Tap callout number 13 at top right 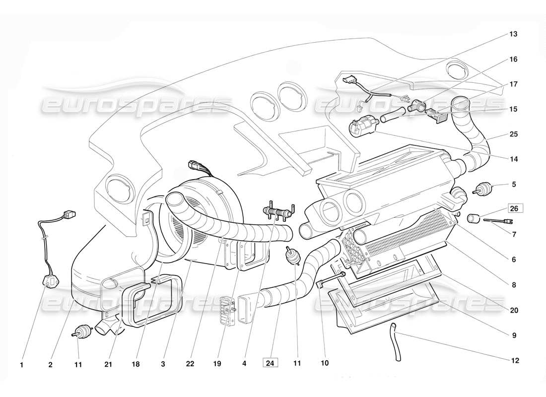[513, 34]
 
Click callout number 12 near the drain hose [515, 361]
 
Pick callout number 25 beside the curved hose [514, 134]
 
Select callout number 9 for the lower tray [514, 336]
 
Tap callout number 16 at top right [513, 60]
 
